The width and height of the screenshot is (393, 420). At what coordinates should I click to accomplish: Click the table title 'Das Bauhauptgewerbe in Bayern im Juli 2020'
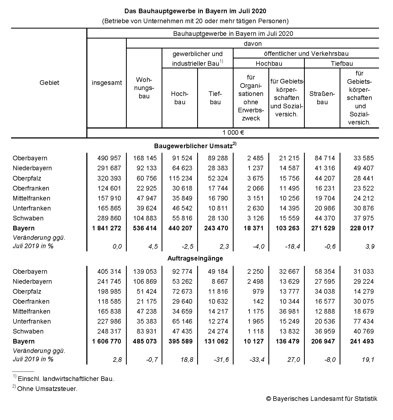(x=195, y=11)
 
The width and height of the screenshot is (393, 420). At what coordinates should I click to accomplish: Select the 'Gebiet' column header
(x=49, y=83)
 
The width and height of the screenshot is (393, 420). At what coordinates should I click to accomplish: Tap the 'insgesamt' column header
(x=107, y=83)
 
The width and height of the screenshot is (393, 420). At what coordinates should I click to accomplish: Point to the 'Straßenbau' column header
(x=322, y=98)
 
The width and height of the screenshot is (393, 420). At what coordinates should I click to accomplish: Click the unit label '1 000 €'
(x=233, y=133)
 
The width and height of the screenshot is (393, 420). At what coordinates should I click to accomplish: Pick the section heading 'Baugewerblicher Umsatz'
(x=193, y=146)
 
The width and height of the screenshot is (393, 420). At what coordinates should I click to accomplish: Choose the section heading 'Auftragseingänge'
(x=195, y=258)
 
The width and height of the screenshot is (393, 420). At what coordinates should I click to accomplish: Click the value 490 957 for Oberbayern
(x=109, y=158)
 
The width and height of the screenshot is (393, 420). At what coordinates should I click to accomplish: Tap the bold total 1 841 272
(x=107, y=228)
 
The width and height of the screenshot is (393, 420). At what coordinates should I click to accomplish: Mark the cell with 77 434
(x=364, y=321)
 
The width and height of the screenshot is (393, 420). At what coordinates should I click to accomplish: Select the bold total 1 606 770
(x=107, y=341)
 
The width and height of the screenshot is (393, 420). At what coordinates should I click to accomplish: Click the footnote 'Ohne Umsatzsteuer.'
(x=47, y=389)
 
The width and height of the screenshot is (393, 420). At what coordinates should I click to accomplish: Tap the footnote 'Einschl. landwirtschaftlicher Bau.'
(x=66, y=379)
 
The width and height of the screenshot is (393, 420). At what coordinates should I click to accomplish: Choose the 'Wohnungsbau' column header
(x=144, y=88)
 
